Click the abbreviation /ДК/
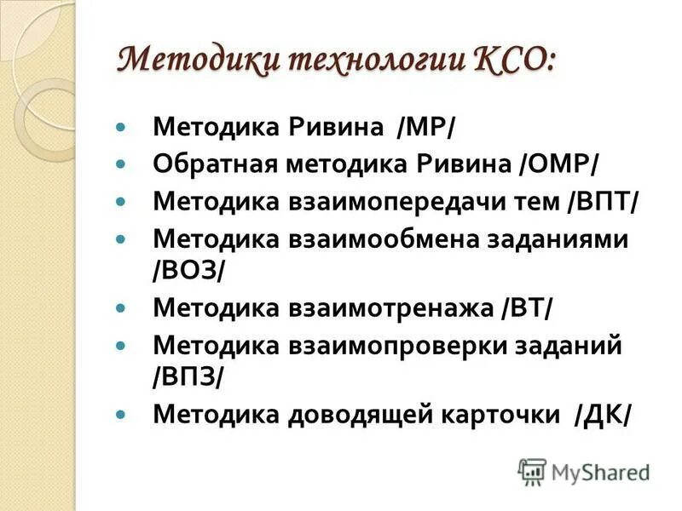(603, 414)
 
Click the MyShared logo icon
(532, 472)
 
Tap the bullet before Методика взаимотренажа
(120, 304)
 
